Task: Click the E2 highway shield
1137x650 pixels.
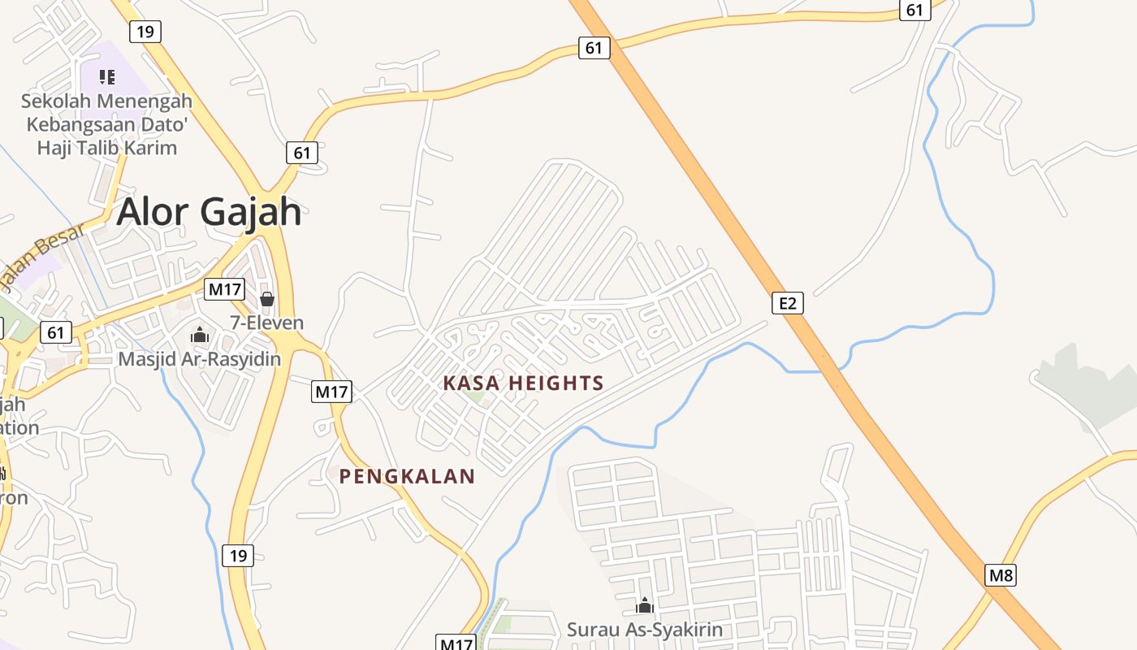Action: click(787, 304)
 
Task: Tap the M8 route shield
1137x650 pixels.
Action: click(1001, 576)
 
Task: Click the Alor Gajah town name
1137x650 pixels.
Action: click(209, 212)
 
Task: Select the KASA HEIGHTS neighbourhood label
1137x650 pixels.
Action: click(523, 383)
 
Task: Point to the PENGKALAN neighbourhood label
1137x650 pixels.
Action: click(406, 477)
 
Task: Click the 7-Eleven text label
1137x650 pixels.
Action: click(266, 323)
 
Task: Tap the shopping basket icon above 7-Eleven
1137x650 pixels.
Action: click(266, 299)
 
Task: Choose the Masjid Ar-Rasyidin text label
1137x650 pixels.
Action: click(200, 358)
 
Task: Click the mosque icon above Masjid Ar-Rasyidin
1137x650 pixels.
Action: click(200, 335)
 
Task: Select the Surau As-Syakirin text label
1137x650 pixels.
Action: click(644, 630)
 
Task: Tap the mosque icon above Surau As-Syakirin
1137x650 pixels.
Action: click(644, 605)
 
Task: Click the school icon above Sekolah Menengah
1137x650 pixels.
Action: click(106, 77)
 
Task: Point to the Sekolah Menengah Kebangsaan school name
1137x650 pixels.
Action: click(106, 124)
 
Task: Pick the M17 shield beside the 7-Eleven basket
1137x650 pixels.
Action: click(224, 289)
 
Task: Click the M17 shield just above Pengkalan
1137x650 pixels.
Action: click(331, 392)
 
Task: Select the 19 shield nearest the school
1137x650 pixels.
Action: click(145, 32)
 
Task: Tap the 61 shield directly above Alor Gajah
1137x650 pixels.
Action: click(302, 153)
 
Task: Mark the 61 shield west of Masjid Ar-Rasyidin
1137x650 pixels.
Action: click(55, 332)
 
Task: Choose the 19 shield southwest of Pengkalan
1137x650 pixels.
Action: click(237, 556)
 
